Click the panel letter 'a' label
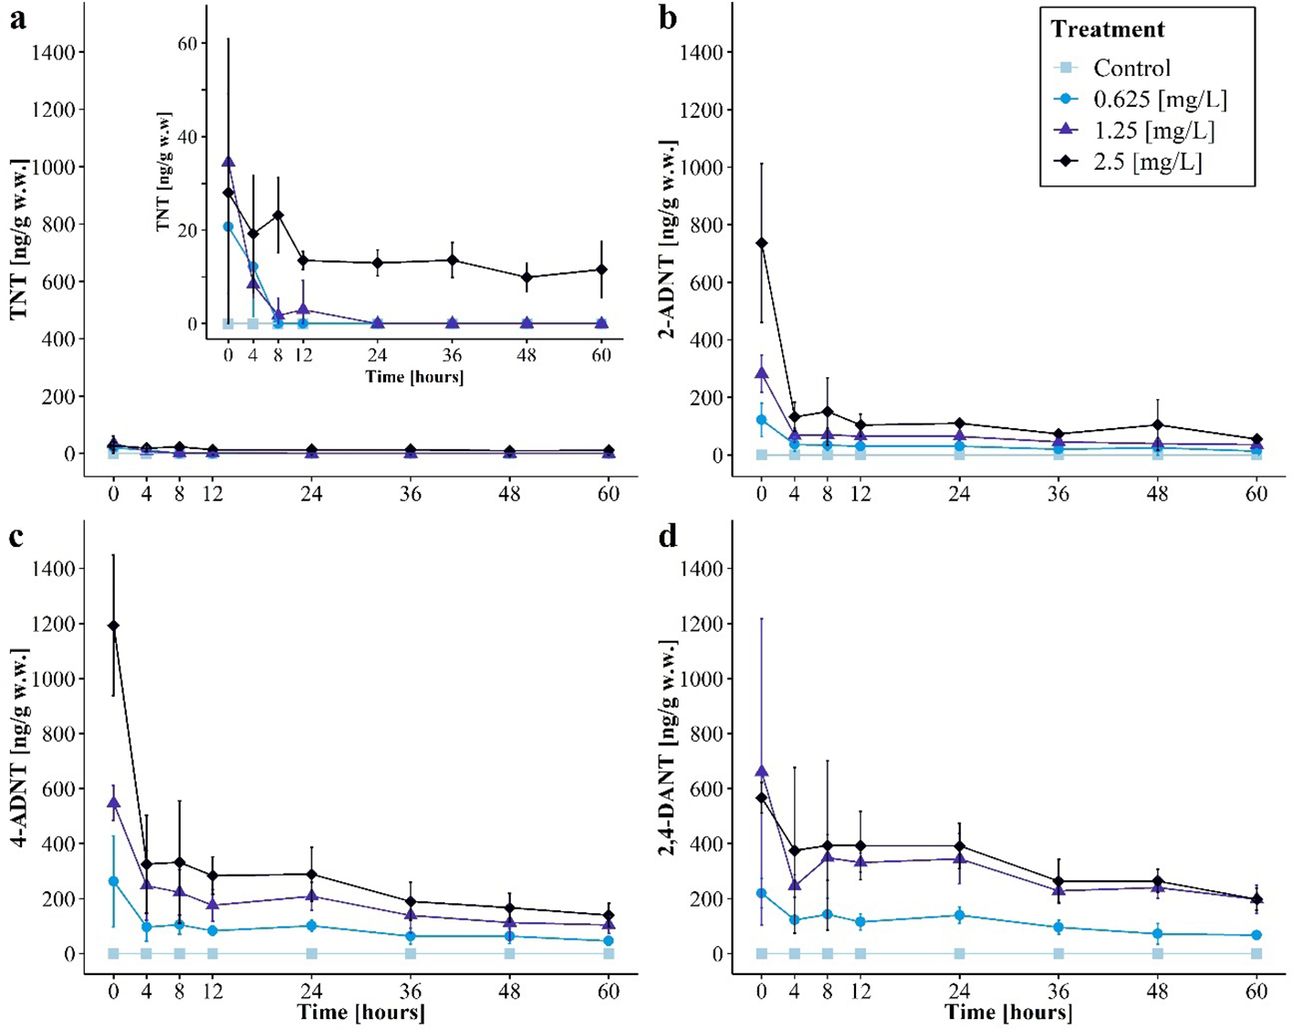pos(17,19)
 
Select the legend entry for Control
pos(1131,68)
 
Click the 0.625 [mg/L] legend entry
pos(1160,99)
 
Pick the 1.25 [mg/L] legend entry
pos(1153,131)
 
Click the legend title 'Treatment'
pos(1107,29)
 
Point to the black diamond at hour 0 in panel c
pos(113,625)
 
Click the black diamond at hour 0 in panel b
pos(762,243)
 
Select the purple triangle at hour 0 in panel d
pos(762,772)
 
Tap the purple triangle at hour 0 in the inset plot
pos(228,162)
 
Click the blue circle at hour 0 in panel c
pos(113,881)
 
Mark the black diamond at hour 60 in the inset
pos(601,269)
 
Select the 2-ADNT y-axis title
pos(667,240)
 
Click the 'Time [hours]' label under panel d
pos(1008,1012)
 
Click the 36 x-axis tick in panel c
pos(411,992)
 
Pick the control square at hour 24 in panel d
pos(959,953)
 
